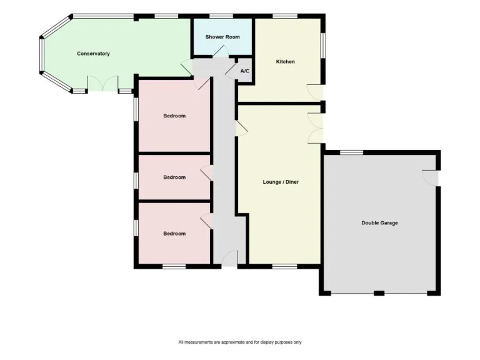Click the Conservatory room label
point(93,54)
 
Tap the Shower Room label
point(222,37)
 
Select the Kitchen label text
point(285,62)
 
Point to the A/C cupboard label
point(244,71)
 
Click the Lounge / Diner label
point(281,182)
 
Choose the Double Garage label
point(379,223)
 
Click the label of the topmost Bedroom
point(174,116)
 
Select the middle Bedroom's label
point(174,177)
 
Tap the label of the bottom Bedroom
point(174,234)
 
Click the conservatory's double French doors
point(102,84)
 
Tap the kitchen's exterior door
point(316,92)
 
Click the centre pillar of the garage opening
point(379,292)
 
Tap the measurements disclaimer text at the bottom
point(240,342)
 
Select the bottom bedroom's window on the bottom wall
point(174,267)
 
